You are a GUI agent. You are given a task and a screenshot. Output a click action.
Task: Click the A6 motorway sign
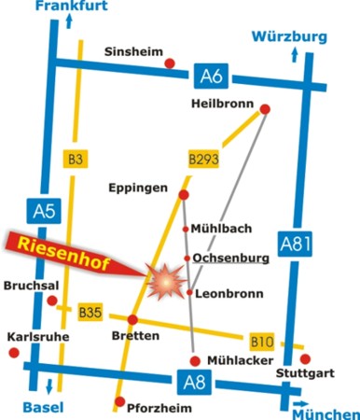pyautogui.click(x=210, y=75)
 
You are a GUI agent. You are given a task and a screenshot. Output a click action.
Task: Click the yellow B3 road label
pyautogui.click(x=76, y=161)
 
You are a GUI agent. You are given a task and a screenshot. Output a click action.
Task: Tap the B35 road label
pyautogui.click(x=90, y=313)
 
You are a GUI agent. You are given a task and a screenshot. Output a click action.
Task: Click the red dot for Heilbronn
pyautogui.click(x=264, y=110)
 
